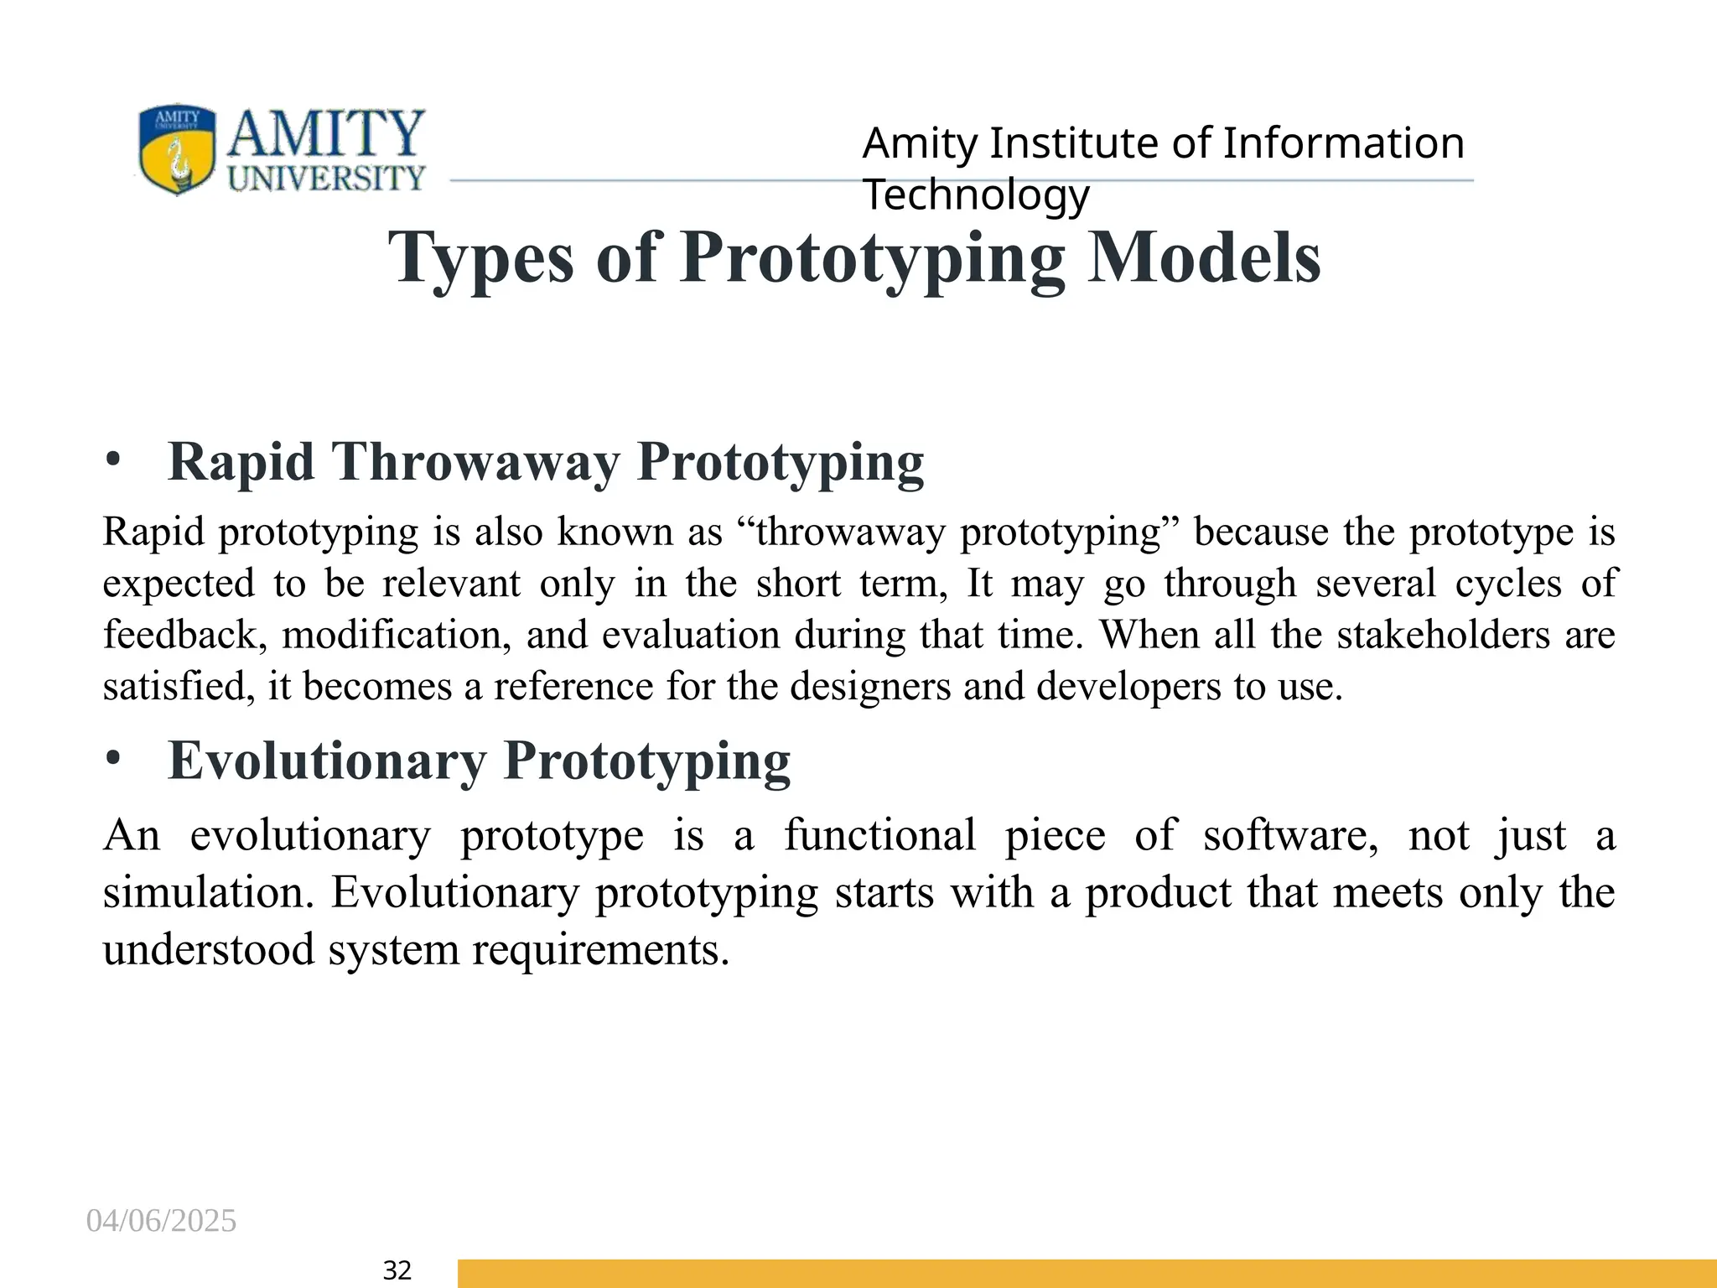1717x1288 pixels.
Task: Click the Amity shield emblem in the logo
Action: click(176, 149)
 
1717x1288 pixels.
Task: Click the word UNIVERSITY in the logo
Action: click(327, 179)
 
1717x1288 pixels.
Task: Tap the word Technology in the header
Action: click(976, 195)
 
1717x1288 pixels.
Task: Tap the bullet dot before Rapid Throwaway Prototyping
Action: click(114, 461)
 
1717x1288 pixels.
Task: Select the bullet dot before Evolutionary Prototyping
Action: click(114, 760)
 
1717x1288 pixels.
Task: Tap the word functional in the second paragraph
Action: click(879, 836)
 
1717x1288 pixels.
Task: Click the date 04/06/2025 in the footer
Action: click(162, 1221)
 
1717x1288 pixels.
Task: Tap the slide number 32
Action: click(397, 1271)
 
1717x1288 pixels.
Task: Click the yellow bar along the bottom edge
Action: click(1087, 1274)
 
